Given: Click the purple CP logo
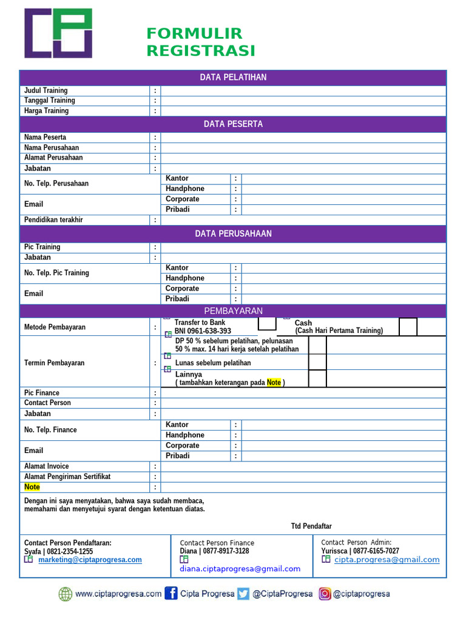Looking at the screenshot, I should click(58, 33).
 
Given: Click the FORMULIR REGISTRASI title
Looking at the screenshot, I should click(200, 42).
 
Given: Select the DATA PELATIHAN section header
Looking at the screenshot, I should click(233, 78).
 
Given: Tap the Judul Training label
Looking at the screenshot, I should click(46, 90).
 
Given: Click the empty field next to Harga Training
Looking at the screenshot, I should click(303, 111).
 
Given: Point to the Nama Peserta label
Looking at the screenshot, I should click(46, 137).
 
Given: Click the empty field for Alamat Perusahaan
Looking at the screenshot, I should click(303, 158).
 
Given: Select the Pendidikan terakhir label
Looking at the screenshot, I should click(53, 220).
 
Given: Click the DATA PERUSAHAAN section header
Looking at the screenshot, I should click(233, 234).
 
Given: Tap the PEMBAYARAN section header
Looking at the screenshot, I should click(233, 311).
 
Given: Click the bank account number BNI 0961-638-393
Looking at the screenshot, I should click(203, 331).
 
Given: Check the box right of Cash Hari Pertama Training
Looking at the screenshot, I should click(408, 327).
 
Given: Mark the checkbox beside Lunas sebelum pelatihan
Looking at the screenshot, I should click(317, 363).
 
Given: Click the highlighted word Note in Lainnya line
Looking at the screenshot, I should click(274, 383).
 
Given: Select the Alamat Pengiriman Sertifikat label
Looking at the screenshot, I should click(67, 477).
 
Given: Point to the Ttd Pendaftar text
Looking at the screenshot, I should click(311, 526).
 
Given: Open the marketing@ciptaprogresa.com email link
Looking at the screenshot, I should click(90, 560).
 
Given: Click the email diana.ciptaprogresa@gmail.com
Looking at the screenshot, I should click(240, 569).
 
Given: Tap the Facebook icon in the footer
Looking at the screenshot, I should click(171, 594).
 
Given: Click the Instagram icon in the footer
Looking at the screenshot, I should click(325, 594).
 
